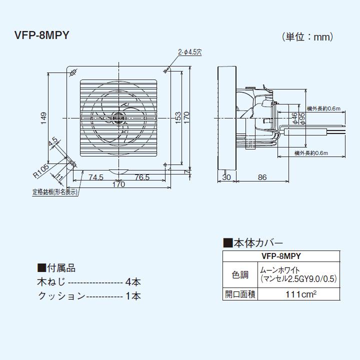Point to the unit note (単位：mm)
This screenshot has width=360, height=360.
pyautogui.click(x=307, y=36)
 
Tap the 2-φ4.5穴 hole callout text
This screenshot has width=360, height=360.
pyautogui.click(x=189, y=51)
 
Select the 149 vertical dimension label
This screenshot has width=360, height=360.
pyautogui.click(x=43, y=118)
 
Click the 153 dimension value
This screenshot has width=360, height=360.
pyautogui.click(x=178, y=118)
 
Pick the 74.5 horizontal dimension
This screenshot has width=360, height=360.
pyautogui.click(x=95, y=177)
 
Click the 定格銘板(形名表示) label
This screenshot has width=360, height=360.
pyautogui.click(x=55, y=192)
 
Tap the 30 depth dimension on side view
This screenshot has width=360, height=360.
pyautogui.click(x=226, y=177)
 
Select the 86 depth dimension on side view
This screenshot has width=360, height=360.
pyautogui.click(x=262, y=177)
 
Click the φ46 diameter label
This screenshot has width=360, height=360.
pyautogui.click(x=295, y=118)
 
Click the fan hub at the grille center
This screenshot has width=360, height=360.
pyautogui.click(x=118, y=118)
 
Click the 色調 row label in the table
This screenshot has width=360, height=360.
pyautogui.click(x=240, y=274)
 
